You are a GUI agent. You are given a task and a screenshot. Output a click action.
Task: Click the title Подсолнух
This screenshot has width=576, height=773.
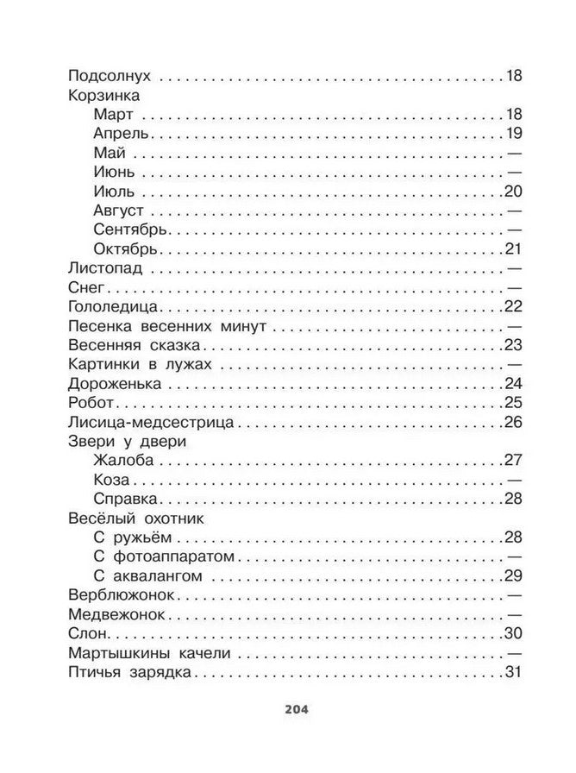point(106,76)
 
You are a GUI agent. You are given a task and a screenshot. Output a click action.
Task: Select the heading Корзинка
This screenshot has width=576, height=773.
point(102,96)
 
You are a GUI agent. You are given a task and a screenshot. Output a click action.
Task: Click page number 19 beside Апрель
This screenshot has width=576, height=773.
point(513,134)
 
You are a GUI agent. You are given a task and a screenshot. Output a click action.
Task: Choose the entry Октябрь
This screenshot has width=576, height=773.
point(124,248)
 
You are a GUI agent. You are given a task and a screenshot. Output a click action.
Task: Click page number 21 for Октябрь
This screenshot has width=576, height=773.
point(513,248)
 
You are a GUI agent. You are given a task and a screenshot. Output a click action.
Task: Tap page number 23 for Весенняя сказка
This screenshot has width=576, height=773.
point(513,345)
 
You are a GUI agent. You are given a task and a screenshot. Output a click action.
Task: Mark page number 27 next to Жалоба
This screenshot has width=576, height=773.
point(513,460)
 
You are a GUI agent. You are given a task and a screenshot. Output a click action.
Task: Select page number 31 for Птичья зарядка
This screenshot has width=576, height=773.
point(513,672)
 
